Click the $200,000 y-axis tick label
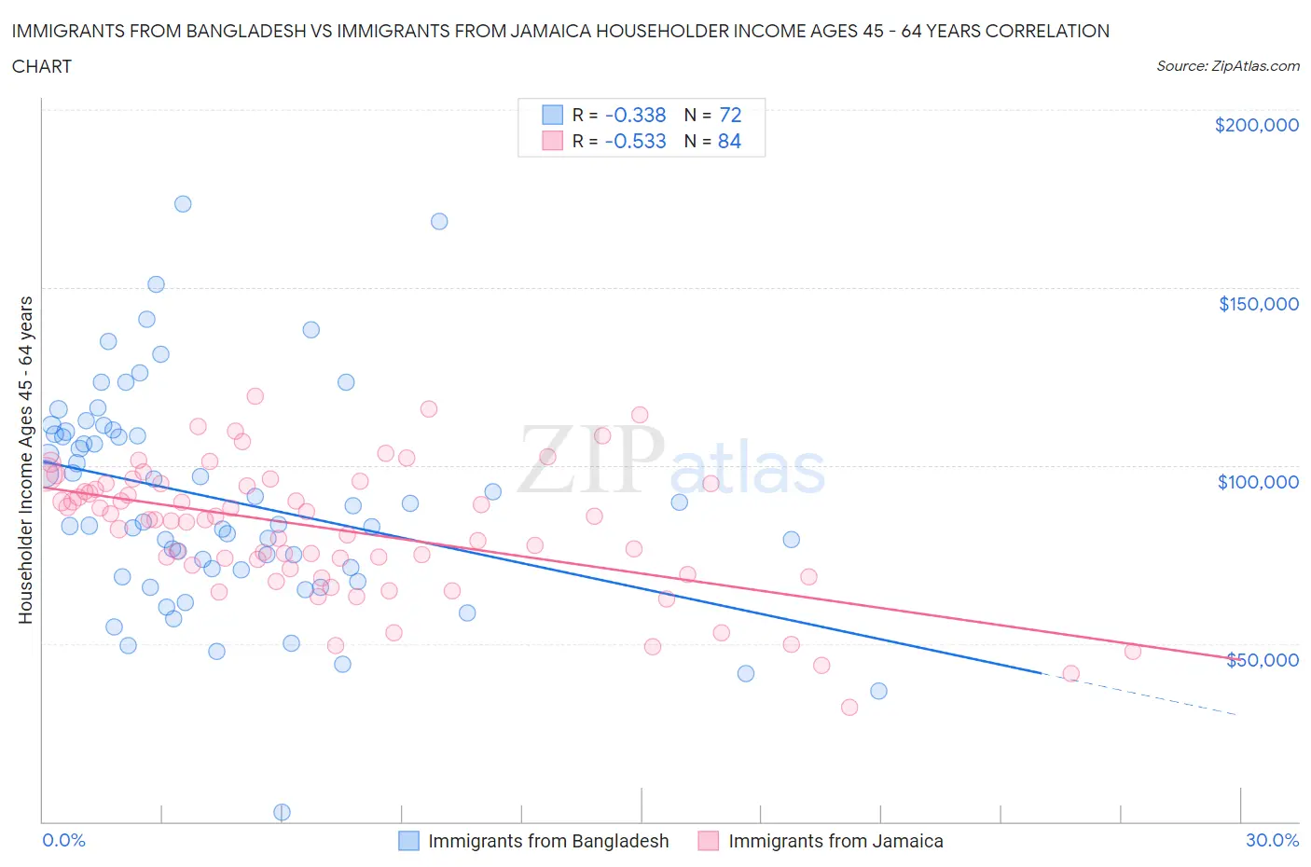[x=1256, y=125]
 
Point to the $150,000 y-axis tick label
[x=1258, y=304]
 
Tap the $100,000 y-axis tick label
[x=1258, y=482]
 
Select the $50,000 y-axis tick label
[x=1262, y=660]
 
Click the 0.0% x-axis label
[x=63, y=840]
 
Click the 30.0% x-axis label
[x=1272, y=840]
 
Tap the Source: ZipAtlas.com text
[x=1227, y=66]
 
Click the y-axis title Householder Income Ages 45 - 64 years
[x=26, y=460]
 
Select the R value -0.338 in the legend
[x=635, y=115]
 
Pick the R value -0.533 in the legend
[x=635, y=141]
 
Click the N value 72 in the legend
[x=730, y=115]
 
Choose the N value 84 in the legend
[x=730, y=141]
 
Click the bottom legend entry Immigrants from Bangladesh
[x=547, y=841]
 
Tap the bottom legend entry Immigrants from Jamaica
[x=835, y=841]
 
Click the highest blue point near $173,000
[x=183, y=203]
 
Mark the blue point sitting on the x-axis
[x=282, y=812]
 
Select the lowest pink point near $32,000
[x=849, y=707]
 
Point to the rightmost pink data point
[x=1132, y=652]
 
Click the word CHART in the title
[x=42, y=66]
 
